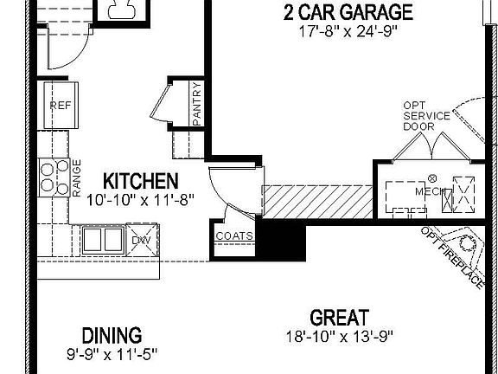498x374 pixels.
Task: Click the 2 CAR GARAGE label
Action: tap(348, 12)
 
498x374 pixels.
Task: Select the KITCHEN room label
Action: tap(141, 182)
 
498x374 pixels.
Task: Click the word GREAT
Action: tap(340, 318)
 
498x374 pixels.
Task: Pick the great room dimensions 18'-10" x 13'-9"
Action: tap(340, 336)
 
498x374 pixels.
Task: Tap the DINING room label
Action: tap(112, 335)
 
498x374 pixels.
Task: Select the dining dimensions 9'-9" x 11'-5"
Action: tap(112, 353)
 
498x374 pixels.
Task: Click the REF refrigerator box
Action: tap(60, 106)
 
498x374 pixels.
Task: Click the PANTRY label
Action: tap(197, 104)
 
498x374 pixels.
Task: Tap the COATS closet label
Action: tap(233, 235)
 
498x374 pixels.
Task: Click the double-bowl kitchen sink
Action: tap(102, 238)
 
